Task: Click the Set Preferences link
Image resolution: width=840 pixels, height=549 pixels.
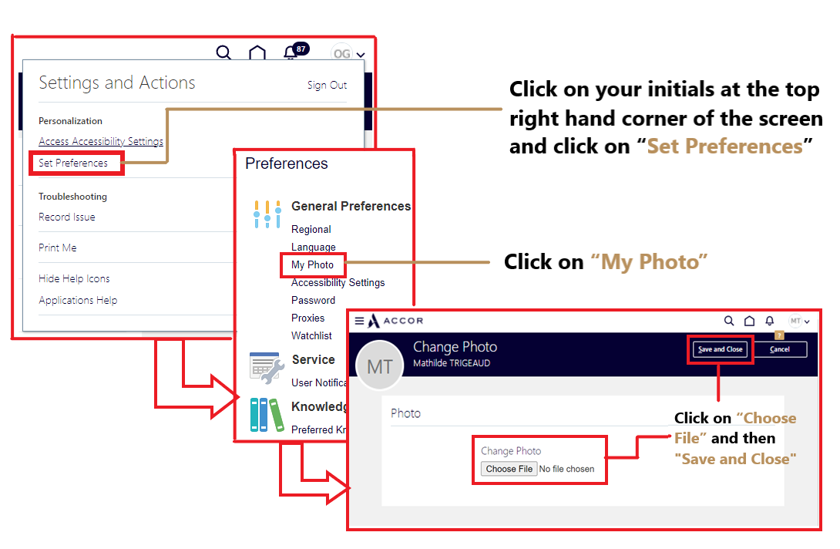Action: click(73, 163)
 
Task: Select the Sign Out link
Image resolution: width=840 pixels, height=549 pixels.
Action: click(327, 86)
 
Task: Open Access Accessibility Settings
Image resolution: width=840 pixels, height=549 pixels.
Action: click(101, 142)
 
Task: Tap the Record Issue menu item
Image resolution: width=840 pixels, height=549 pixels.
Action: click(67, 217)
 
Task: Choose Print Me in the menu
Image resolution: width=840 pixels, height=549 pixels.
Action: click(58, 248)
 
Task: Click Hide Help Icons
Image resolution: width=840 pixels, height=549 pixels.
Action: click(74, 279)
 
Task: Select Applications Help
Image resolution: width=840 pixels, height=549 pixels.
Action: click(78, 301)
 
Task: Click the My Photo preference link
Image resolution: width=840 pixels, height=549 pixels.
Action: click(312, 265)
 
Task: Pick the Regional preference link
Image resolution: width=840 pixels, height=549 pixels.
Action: click(311, 230)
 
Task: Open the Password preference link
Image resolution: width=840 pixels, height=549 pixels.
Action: click(313, 301)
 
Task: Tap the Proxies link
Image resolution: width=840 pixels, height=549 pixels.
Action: click(307, 318)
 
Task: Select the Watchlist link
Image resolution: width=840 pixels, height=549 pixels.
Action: click(311, 336)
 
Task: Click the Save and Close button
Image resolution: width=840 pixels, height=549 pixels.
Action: click(720, 349)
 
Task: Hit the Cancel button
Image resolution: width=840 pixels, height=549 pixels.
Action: click(780, 349)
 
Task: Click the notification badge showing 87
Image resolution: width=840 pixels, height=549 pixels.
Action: click(301, 49)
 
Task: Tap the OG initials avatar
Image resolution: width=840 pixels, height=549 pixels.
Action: click(341, 54)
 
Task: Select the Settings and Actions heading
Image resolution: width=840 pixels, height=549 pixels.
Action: click(117, 83)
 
